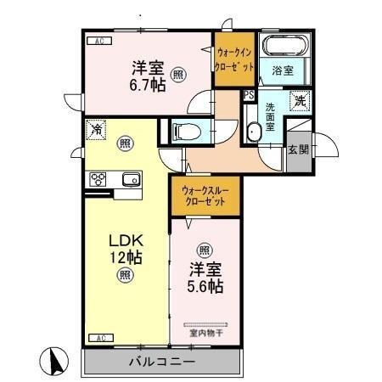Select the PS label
249,95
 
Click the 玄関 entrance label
298,150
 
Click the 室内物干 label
207,333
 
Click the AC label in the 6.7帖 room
98,41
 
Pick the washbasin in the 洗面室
253,132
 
